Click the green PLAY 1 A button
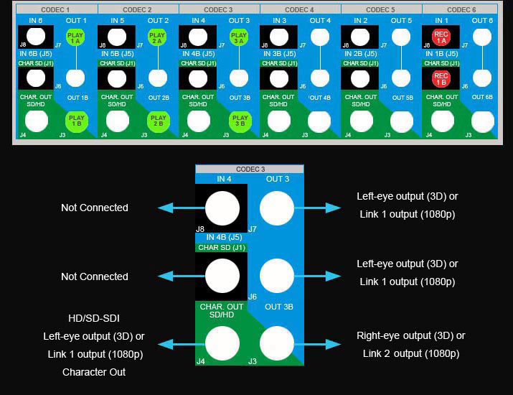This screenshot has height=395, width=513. pyautogui.click(x=75, y=37)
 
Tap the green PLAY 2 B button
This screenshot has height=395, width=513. pyautogui.click(x=158, y=121)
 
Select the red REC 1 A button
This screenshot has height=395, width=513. pyautogui.click(x=441, y=37)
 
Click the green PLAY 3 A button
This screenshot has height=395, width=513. pyautogui.click(x=239, y=37)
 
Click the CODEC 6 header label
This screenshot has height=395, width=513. pyautogui.click(x=461, y=9)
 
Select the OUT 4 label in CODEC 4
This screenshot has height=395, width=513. pyautogui.click(x=320, y=21)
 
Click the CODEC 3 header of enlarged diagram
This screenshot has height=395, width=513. pyautogui.click(x=250, y=169)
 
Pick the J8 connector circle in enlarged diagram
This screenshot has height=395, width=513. pyautogui.click(x=222, y=209)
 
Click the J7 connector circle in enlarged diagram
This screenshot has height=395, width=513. pyautogui.click(x=276, y=209)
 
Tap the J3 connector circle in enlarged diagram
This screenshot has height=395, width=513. pyautogui.click(x=276, y=344)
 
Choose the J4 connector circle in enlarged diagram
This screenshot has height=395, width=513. pyautogui.click(x=222, y=344)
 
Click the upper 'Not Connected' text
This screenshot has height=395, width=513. pyautogui.click(x=94, y=208)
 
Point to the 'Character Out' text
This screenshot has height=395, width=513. pyautogui.click(x=94, y=372)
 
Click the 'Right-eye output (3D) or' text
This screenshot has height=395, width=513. pyautogui.click(x=410, y=335)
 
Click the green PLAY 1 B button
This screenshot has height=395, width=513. pyautogui.click(x=75, y=121)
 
